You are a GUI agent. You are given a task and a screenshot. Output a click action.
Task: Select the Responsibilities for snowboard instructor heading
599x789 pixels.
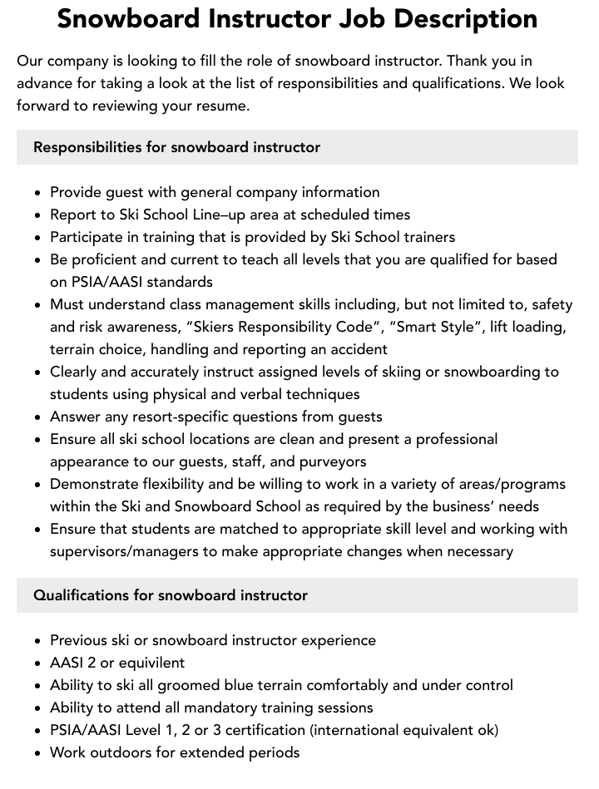click(x=176, y=147)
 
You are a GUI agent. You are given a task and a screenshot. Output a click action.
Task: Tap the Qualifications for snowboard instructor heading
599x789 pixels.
click(x=171, y=595)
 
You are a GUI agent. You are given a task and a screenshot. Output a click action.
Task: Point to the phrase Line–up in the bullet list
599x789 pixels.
click(x=218, y=215)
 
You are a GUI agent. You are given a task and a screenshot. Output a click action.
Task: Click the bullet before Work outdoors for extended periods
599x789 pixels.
click(x=38, y=753)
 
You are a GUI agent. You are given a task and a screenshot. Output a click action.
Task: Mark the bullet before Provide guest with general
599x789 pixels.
click(x=38, y=193)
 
